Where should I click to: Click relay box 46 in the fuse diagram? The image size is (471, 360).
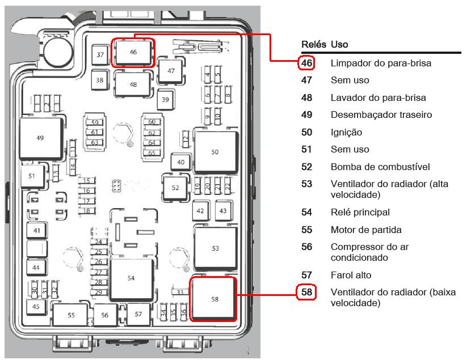pos(133,53)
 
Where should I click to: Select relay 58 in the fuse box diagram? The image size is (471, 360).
pos(213,299)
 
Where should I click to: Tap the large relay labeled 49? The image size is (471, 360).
pos(41,138)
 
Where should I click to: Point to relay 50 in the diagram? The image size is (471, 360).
pos(215,152)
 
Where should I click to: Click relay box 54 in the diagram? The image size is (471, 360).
pos(131,279)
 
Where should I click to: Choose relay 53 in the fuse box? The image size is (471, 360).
pos(216,248)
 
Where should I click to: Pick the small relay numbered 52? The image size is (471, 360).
pos(175,188)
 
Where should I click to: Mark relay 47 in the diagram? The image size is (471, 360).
pos(171,71)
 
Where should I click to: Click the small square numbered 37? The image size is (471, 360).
pos(100,54)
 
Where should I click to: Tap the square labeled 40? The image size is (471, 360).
pos(180,162)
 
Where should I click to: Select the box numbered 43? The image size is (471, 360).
pos(223,210)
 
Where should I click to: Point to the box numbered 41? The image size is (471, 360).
pos(37,231)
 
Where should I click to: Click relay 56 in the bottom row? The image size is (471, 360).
pos(105,315)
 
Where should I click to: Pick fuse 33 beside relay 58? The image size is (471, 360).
pos(180,291)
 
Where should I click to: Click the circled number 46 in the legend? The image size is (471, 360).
pos(306,63)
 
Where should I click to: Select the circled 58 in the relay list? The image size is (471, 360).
pos(306,292)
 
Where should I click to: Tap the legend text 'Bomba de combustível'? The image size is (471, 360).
pos(380,167)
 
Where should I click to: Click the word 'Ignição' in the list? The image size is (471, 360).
pos(346,132)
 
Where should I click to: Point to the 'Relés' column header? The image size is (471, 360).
pos(314,44)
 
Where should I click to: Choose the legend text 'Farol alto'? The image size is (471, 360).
pos(351,275)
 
